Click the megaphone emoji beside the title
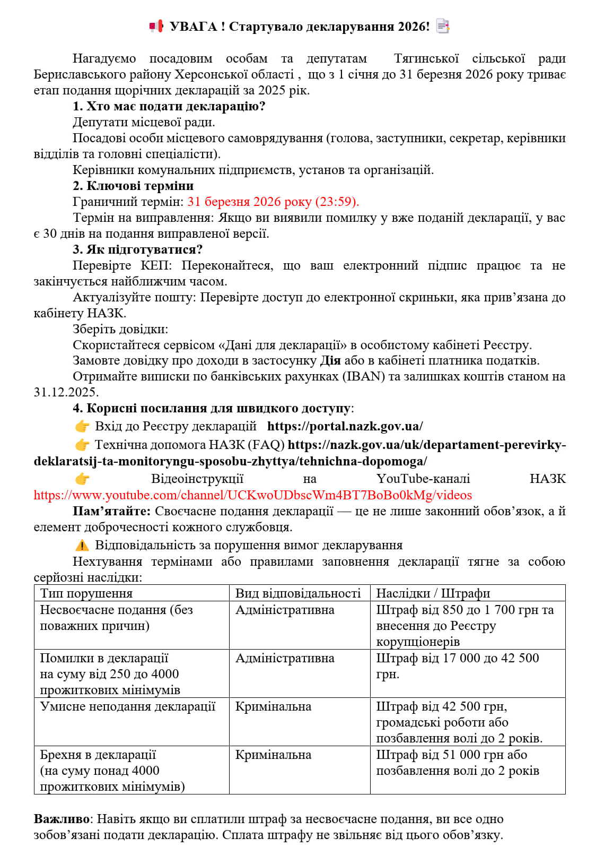pos(156,26)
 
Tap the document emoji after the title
pos(442,26)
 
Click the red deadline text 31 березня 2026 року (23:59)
pos(273,202)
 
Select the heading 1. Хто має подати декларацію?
pos(169,106)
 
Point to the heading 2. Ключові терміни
pos(133,186)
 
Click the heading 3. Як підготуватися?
pos(138,249)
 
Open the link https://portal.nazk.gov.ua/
pos(345,426)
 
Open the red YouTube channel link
pos(252,495)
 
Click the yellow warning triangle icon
pos(82,546)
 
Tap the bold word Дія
pos(330,361)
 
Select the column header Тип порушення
pos(86,593)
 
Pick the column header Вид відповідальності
pos(298,593)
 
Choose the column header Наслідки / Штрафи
pos(433,593)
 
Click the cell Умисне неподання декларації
pos(128,706)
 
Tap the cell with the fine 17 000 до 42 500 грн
pos(457,666)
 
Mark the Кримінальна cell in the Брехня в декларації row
pos(273,755)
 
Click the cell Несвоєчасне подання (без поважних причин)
pos(116,618)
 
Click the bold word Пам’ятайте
pos(111,511)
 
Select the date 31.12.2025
pos(66,392)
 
